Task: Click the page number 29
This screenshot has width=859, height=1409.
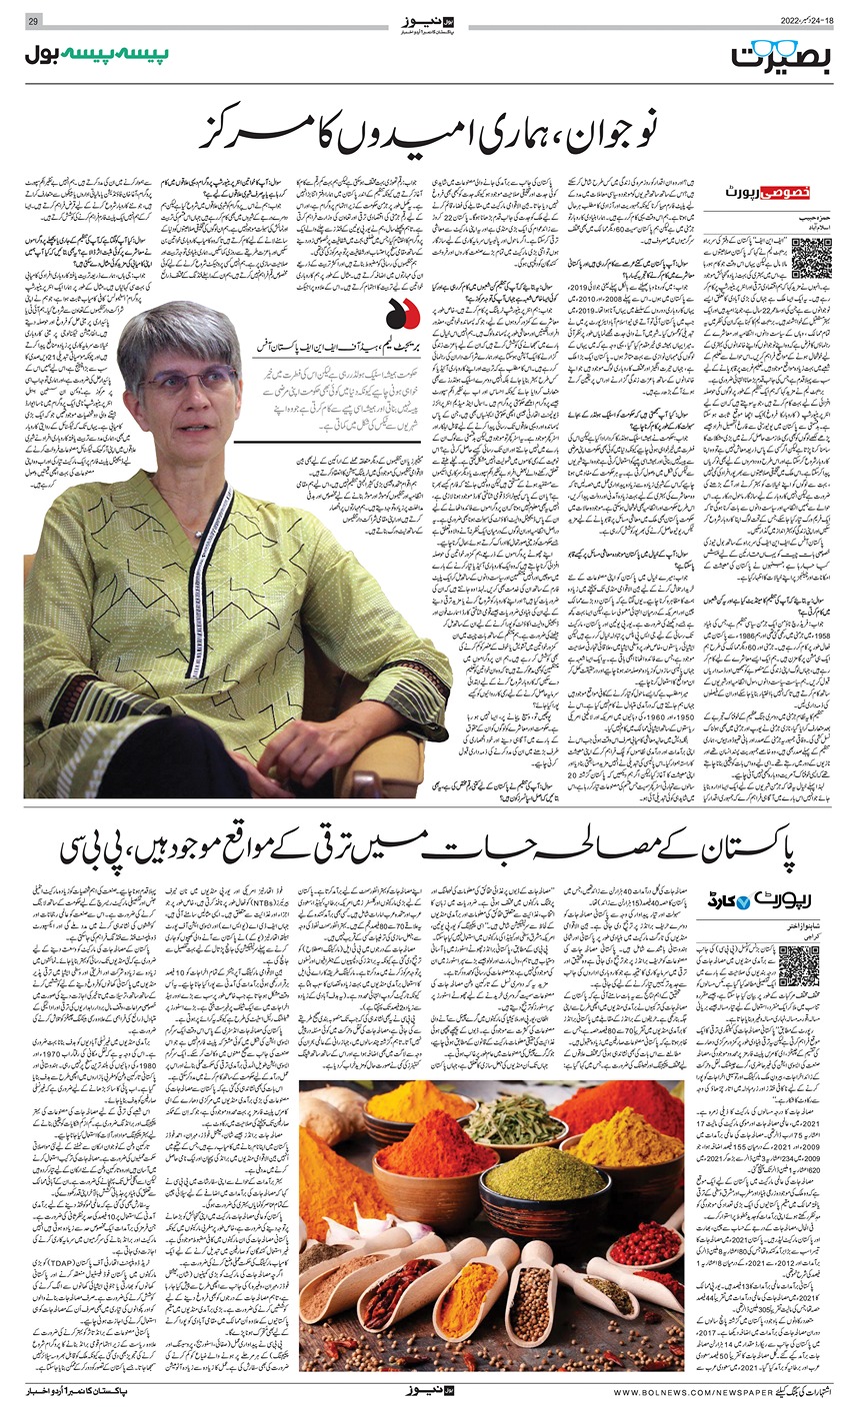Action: coord(33,21)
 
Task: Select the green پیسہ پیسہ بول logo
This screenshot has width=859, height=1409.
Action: coord(97,55)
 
